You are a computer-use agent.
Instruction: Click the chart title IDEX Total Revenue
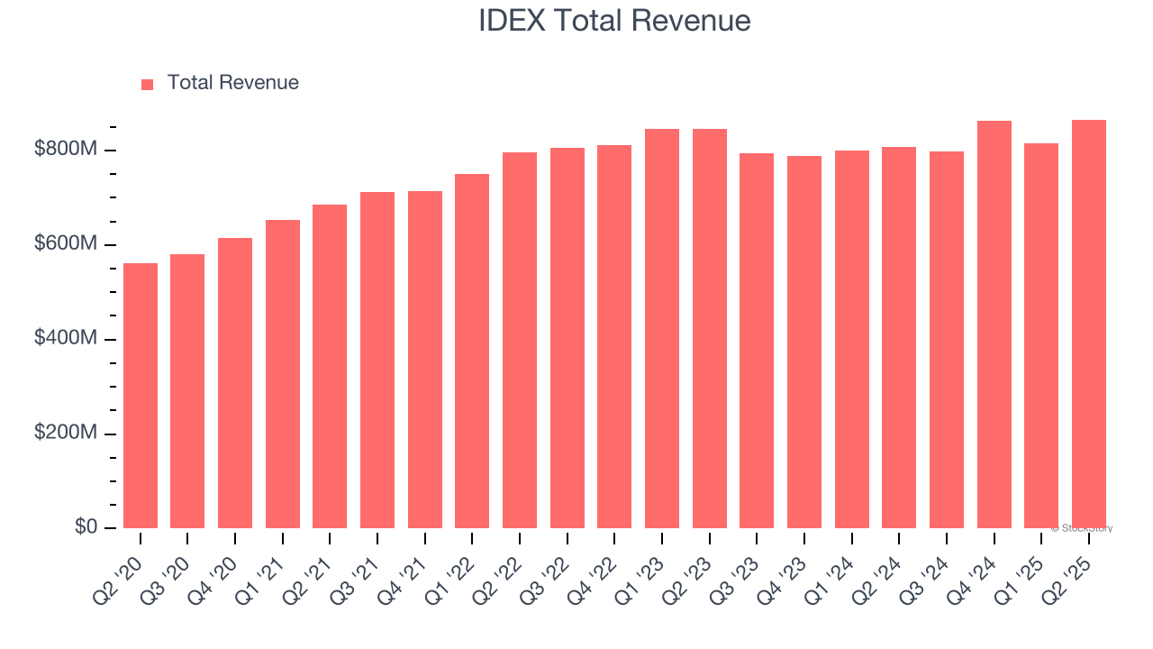point(613,21)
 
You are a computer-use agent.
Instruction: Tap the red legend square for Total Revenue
point(148,84)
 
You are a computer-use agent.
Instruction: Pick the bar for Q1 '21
point(283,373)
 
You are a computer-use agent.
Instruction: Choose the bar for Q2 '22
point(520,340)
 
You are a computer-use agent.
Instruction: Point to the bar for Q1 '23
point(662,328)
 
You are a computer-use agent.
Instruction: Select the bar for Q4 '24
point(994,324)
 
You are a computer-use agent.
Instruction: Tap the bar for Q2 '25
point(1089,324)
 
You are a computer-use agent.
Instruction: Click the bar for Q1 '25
point(1041,335)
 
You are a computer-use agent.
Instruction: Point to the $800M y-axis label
point(66,150)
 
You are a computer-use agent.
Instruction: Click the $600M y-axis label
point(66,244)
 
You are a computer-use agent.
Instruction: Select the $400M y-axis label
point(66,339)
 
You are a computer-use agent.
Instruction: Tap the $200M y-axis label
point(66,434)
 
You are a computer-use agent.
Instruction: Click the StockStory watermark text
point(1082,528)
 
